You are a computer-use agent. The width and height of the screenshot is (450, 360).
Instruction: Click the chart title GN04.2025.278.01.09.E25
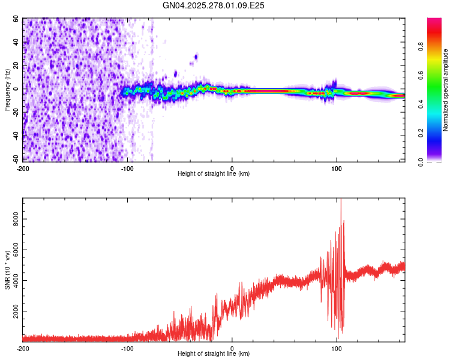214,5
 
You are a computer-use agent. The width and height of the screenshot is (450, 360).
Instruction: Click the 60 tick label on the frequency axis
16,19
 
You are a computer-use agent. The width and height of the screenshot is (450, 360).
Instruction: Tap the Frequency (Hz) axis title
7,90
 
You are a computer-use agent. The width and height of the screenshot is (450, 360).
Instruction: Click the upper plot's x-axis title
214,173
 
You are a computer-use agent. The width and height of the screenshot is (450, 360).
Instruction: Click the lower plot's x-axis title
214,353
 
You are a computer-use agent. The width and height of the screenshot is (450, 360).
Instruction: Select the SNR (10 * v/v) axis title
7,270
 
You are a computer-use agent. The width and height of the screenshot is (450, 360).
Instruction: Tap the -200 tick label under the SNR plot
23,348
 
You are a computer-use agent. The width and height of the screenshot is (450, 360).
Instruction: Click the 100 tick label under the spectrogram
337,168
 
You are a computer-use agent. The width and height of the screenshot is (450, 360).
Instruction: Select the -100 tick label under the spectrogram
127,168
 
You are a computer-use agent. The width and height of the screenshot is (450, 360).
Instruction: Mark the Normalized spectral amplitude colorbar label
446,90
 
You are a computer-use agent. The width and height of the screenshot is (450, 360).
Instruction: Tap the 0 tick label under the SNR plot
232,348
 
